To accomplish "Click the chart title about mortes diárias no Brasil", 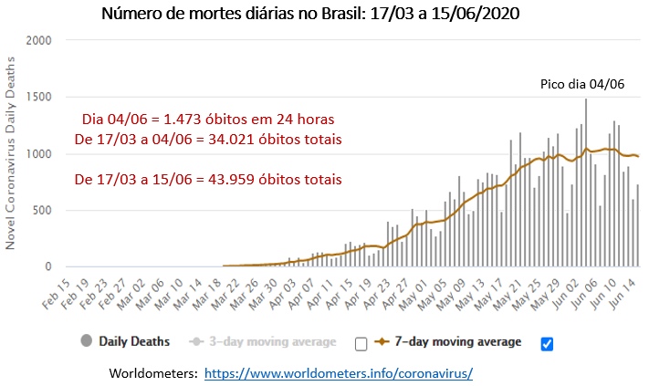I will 324,16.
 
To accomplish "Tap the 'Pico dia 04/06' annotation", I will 581,85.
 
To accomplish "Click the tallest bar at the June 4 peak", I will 585,183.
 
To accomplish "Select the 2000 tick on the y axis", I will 39,41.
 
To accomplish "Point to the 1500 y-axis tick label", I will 39,98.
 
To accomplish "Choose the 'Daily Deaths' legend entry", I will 134,342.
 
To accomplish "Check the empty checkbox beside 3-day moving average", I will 361,343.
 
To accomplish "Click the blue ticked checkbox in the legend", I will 547,343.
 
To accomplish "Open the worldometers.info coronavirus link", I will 338,374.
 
